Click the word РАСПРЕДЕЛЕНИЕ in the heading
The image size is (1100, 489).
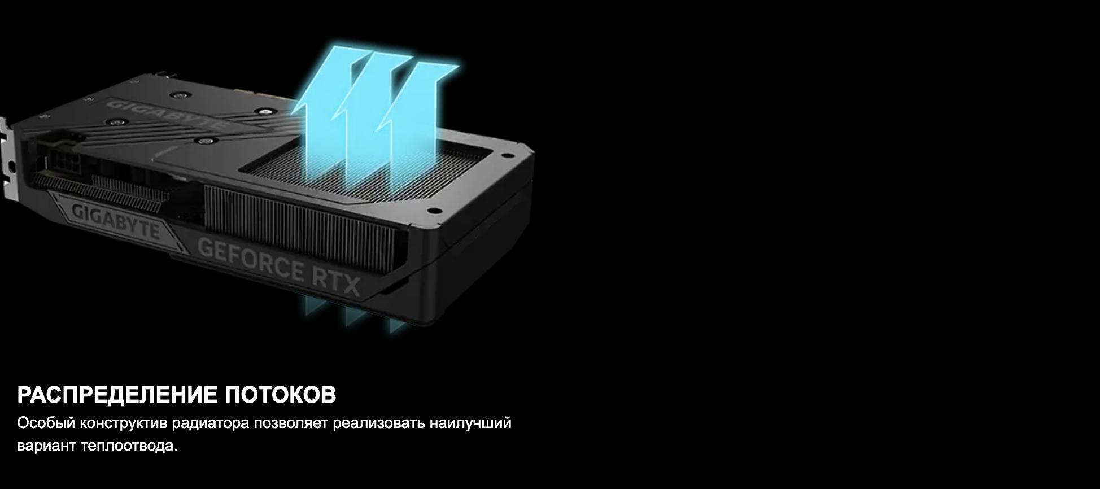pos(117,395)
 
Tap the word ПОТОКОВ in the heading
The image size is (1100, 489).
pos(281,395)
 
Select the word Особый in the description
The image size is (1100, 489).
pos(46,423)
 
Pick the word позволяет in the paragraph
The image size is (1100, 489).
pos(291,423)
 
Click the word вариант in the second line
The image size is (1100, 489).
pos(47,446)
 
